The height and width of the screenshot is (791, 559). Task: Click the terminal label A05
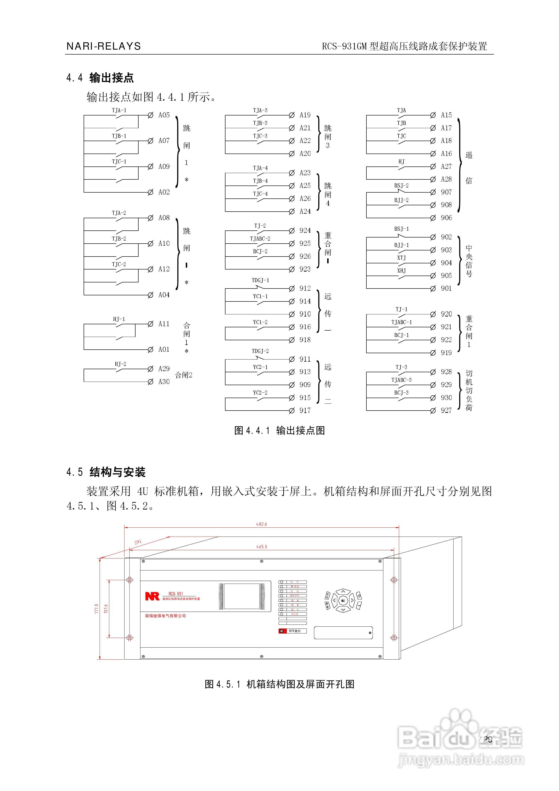(x=164, y=115)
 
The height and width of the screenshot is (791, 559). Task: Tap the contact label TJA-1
(x=119, y=111)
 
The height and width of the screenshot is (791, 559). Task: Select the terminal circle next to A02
(x=150, y=192)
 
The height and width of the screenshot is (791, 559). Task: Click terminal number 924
(x=305, y=230)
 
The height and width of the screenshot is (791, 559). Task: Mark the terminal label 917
(x=305, y=410)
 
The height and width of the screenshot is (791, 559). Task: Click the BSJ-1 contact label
(x=401, y=229)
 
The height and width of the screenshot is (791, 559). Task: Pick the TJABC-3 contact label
(x=401, y=380)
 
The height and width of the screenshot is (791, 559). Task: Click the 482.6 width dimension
(x=262, y=524)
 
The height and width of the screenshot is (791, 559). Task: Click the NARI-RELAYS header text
(x=104, y=46)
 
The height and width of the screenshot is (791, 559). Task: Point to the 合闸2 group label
(x=183, y=375)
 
